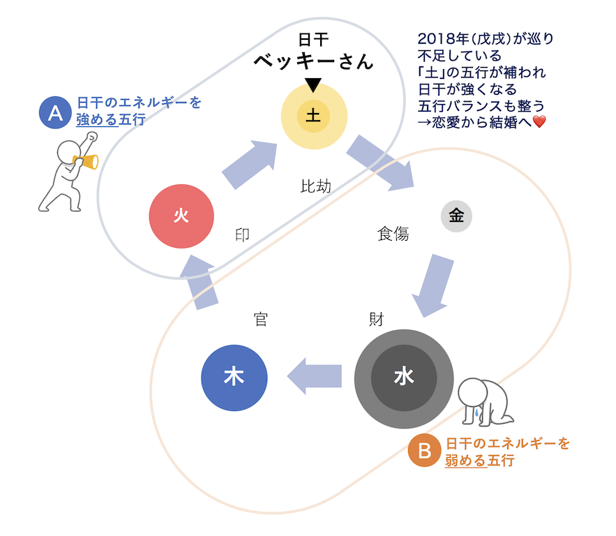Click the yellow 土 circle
click(313, 116)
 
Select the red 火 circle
click(181, 216)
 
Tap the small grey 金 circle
click(456, 216)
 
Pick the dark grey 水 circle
click(404, 377)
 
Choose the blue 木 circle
click(234, 377)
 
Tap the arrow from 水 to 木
click(315, 376)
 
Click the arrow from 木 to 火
click(203, 283)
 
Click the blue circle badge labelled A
click(55, 112)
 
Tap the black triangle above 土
click(313, 85)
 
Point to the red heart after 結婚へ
click(539, 123)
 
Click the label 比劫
click(315, 186)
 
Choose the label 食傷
click(392, 234)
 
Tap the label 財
click(376, 320)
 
